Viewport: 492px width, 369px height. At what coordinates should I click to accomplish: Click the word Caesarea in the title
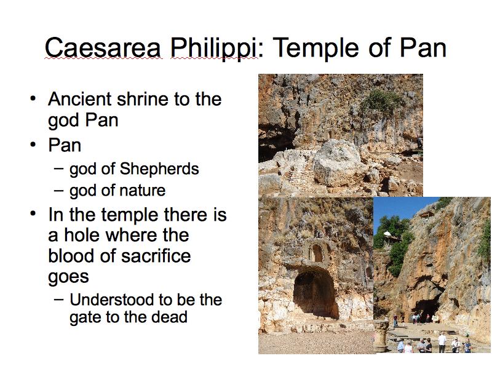103,48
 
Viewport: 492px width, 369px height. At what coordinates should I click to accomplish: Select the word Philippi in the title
213,49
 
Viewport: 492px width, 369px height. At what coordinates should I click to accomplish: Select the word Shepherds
159,169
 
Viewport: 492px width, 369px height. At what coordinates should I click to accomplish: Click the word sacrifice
156,255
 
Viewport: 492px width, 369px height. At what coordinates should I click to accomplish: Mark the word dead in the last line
170,317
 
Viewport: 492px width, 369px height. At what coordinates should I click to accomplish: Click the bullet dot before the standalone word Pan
33,145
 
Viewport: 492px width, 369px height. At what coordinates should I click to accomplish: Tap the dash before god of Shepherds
58,168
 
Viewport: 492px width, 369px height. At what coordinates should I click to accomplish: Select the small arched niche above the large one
317,253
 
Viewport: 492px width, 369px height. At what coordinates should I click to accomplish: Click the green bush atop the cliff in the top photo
379,102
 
